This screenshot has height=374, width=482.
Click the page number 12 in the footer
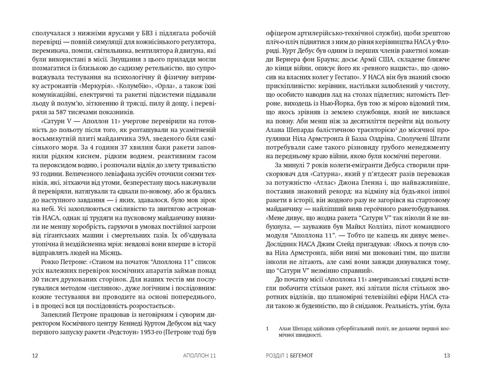34,355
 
